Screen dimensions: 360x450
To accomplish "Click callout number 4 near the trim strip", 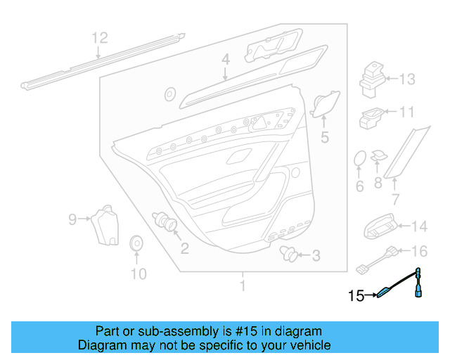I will point(225,61).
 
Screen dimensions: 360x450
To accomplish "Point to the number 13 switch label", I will point(408,79).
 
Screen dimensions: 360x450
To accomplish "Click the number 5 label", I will point(324,138).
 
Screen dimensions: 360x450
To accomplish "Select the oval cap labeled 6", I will point(359,160).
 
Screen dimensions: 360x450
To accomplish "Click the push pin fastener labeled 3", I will point(288,253).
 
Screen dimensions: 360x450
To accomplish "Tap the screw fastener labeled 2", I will point(168,224).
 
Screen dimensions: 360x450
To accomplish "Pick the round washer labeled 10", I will point(137,244).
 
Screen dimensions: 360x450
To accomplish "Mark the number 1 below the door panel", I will point(243,286).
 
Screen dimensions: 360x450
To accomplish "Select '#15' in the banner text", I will point(239,331).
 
